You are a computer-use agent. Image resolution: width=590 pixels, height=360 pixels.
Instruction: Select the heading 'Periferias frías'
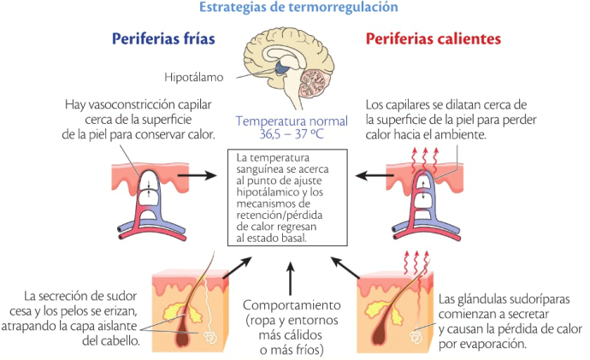click(x=163, y=39)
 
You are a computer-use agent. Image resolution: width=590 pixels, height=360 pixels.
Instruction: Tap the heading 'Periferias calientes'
click(x=434, y=39)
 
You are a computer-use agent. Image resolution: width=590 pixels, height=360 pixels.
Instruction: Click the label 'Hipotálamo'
click(x=194, y=77)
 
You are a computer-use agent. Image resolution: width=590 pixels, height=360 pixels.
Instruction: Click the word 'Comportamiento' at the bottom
click(x=292, y=305)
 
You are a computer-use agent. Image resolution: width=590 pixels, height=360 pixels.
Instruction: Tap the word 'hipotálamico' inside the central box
click(x=272, y=195)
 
